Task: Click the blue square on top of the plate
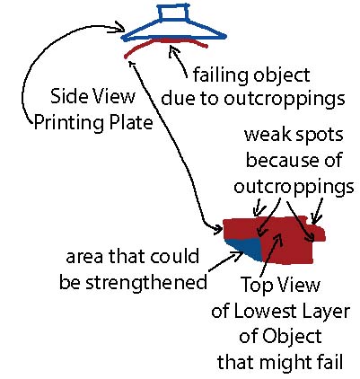click(173, 13)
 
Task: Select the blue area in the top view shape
click(245, 248)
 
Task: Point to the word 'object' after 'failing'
click(281, 75)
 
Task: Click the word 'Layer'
click(327, 313)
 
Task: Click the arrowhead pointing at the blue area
click(239, 255)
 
